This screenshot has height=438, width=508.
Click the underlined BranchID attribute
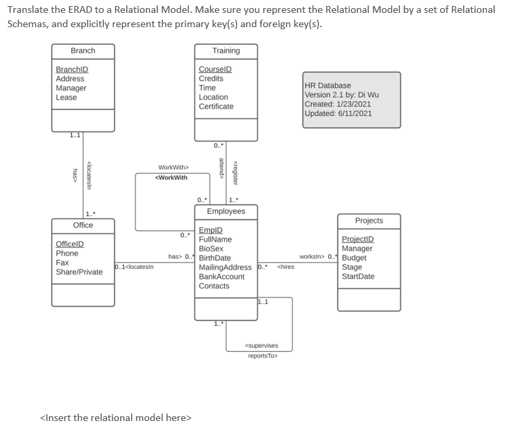click(71, 69)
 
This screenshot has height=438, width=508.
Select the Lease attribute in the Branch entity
click(66, 97)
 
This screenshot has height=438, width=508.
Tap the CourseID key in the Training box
click(215, 69)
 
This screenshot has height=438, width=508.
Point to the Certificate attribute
click(216, 107)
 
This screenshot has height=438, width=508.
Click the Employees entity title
click(226, 212)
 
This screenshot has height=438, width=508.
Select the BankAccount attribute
click(221, 276)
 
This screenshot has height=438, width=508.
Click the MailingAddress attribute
click(225, 268)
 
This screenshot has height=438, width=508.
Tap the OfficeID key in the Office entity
click(70, 244)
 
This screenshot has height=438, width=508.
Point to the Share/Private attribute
click(79, 272)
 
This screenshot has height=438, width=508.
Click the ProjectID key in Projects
click(357, 239)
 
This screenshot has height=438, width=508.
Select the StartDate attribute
click(358, 276)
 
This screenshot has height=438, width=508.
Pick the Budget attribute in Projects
click(354, 258)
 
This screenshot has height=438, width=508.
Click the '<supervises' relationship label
click(261, 346)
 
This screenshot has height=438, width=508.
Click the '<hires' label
click(285, 267)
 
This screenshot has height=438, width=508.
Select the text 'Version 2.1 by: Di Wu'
click(342, 95)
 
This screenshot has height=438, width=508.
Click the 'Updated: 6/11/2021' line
click(338, 113)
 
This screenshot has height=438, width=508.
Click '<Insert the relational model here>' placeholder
click(116, 418)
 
